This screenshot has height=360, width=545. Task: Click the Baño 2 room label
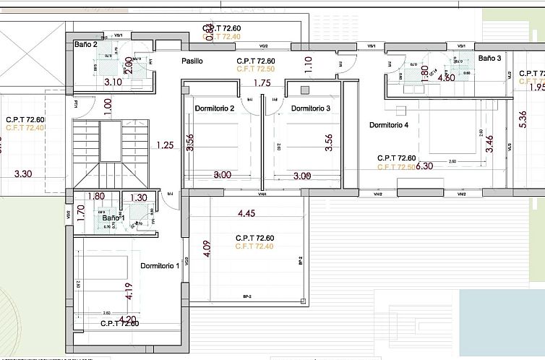point(86,45)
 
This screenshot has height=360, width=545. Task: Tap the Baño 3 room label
point(489,58)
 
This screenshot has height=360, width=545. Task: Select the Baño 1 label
point(113,218)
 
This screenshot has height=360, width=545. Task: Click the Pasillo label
point(192,61)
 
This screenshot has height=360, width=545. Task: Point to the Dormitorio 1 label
point(160,266)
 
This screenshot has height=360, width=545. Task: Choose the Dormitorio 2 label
point(215,108)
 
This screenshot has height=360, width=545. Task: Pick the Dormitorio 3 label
point(311,108)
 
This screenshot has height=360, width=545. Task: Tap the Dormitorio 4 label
point(389,125)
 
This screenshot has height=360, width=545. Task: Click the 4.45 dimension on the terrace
point(248,213)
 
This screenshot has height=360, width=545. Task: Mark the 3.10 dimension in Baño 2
point(113,82)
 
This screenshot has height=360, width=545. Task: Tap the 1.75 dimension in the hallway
point(262,83)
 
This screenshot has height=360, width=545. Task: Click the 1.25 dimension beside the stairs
point(165,145)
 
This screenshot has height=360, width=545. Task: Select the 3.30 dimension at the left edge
point(23,173)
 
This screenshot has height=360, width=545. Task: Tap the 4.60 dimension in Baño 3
point(446,78)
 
